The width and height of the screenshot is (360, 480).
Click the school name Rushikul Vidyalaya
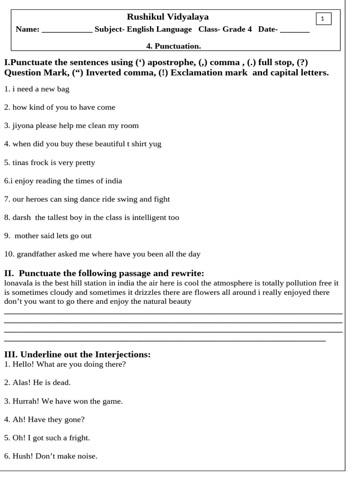(168, 17)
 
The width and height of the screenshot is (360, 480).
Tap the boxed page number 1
(323, 18)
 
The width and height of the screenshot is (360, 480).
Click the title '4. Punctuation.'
(173, 46)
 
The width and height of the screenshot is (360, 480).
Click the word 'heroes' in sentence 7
(38, 199)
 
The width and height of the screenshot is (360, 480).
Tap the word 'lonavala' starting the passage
(18, 284)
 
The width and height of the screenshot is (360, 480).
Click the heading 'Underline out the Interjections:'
(85, 354)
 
